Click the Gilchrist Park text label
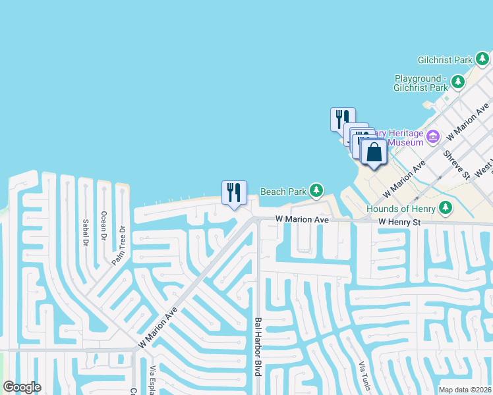[x=444, y=60]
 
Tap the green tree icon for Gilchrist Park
[x=484, y=59]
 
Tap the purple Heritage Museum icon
[x=433, y=137]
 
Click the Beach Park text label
[x=283, y=192]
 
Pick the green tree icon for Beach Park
[x=317, y=191]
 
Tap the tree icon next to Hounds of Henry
[x=446, y=208]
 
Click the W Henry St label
[x=399, y=223]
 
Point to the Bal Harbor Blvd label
[x=258, y=347]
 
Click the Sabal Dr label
[x=85, y=232]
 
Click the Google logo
[x=22, y=386]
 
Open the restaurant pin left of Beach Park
[x=234, y=193]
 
